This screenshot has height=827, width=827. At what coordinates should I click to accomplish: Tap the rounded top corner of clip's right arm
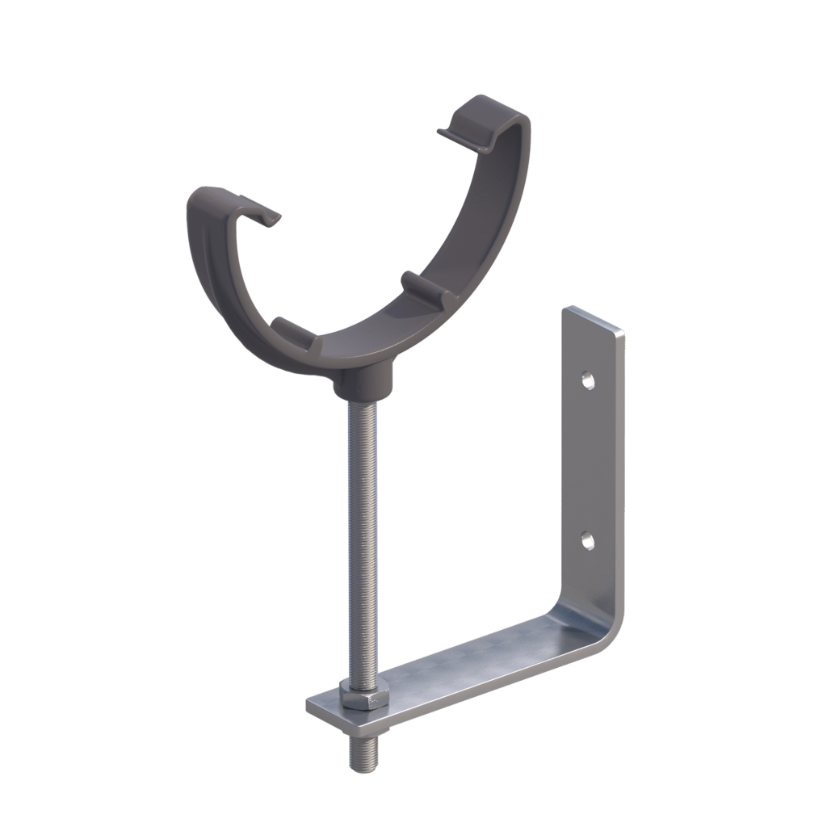pos(509,109)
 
